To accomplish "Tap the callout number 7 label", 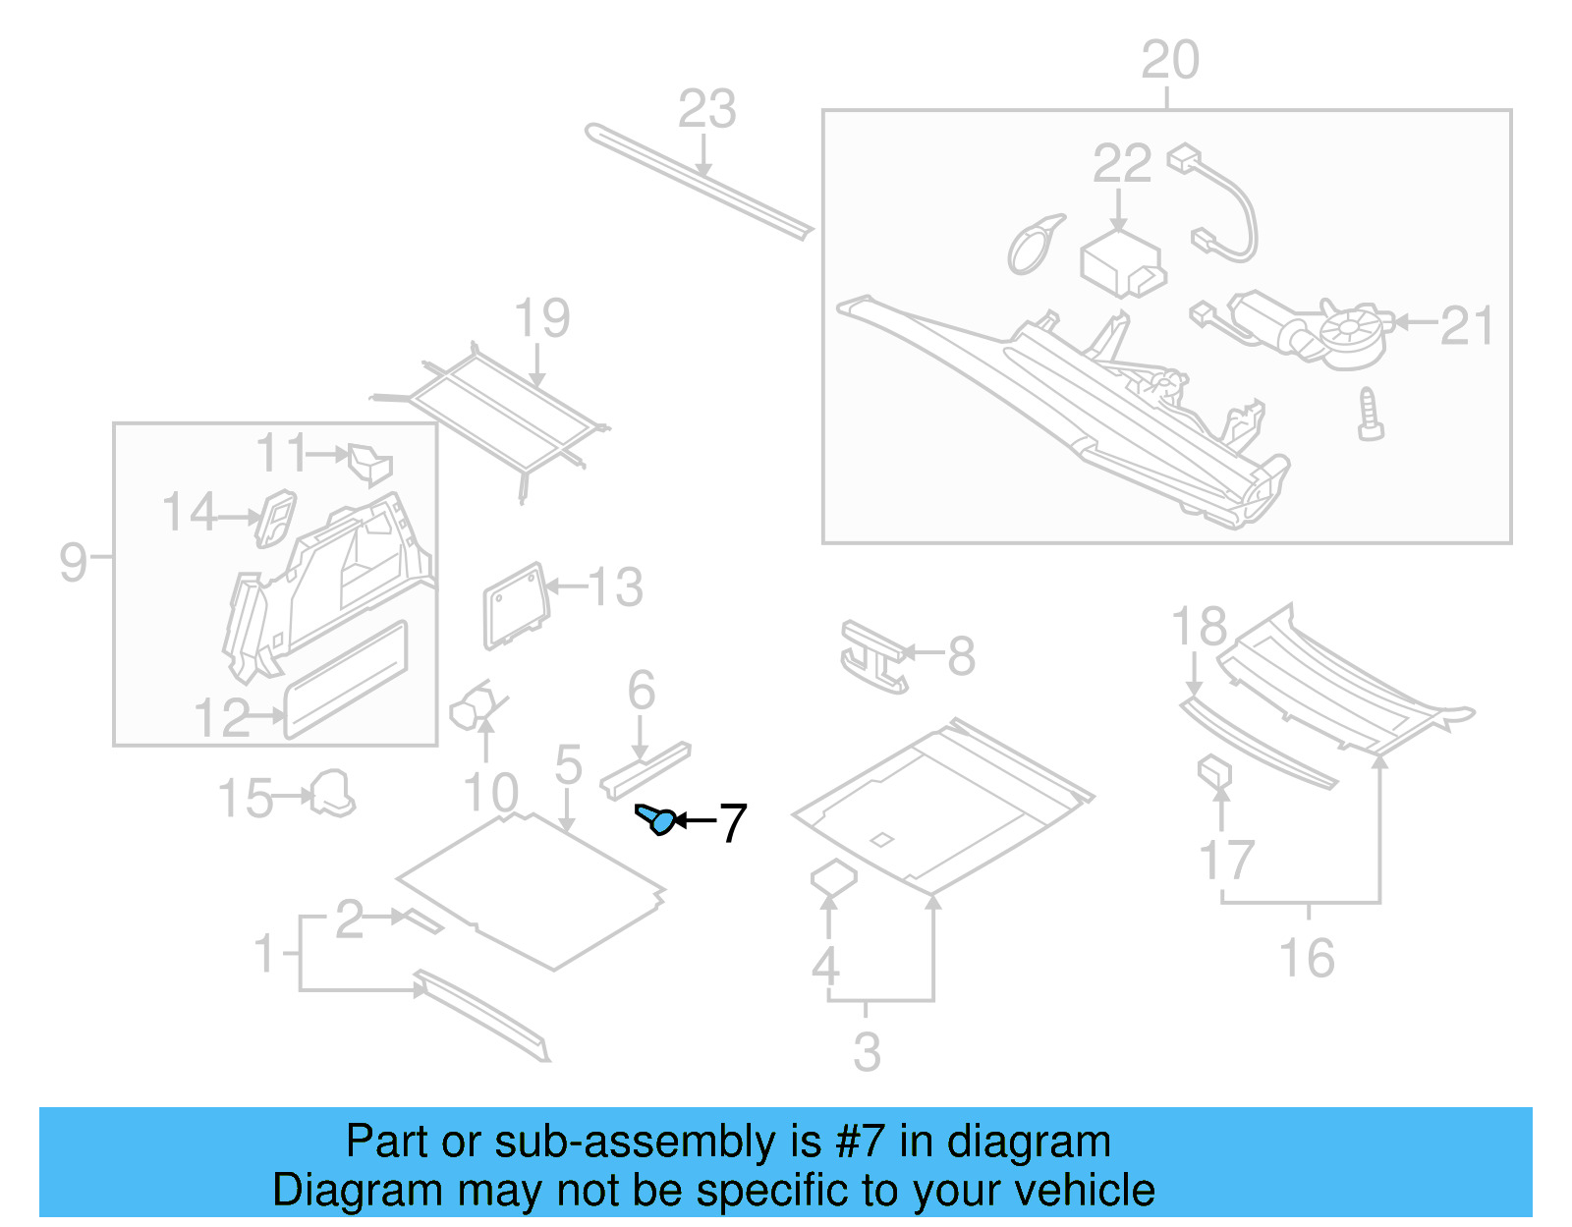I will [x=733, y=823].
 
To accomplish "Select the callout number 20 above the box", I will [x=1169, y=61].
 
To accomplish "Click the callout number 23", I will [x=706, y=109].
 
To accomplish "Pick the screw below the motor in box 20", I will [x=1370, y=415].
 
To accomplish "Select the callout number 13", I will [x=615, y=587].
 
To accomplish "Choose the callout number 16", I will [x=1307, y=958].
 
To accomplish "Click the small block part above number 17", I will [x=1214, y=771].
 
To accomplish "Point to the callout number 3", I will [x=867, y=1051].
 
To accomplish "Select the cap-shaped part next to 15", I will [x=332, y=794].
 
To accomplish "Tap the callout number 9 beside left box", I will [x=74, y=562].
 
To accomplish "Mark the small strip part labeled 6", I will [x=645, y=770].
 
